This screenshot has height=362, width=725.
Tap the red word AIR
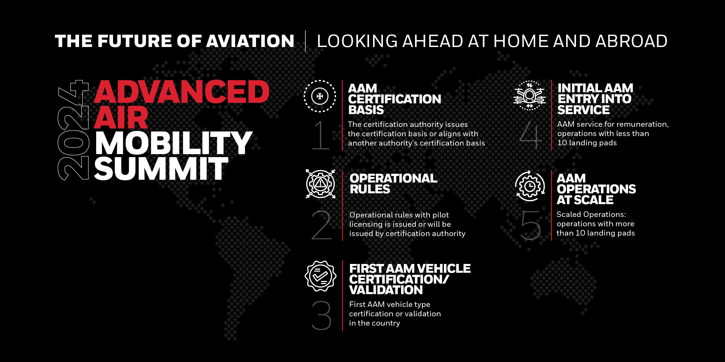click(121, 118)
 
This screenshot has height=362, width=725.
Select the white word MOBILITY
click(173, 143)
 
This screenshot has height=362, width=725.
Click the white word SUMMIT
click(161, 168)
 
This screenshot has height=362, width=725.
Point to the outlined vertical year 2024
click(73, 130)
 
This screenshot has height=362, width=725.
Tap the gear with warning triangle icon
click(320, 184)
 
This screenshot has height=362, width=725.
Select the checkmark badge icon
click(320, 276)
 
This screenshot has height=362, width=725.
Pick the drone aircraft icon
click(529, 96)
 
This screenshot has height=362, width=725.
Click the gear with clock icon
click(530, 186)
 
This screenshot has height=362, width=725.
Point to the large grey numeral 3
click(321, 315)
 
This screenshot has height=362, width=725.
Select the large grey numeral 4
click(530, 135)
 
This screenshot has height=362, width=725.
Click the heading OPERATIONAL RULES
click(393, 184)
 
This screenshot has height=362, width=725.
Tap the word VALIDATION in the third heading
click(386, 290)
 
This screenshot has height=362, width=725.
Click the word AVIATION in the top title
click(250, 41)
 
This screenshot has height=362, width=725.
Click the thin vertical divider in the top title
click(306, 41)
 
